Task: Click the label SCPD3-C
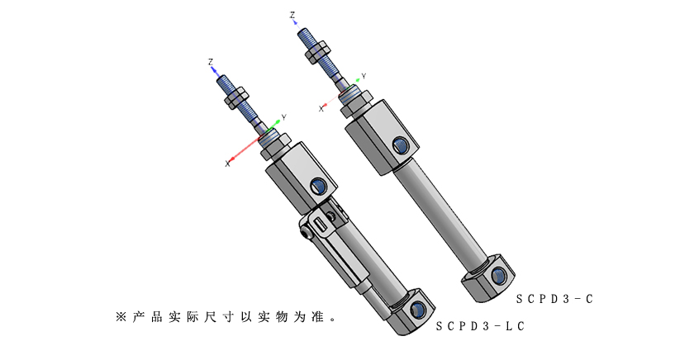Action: point(554,299)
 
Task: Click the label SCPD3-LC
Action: point(480,326)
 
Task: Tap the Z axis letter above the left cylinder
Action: point(212,62)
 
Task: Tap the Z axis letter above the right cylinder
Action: point(292,15)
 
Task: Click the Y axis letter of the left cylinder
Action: point(283,117)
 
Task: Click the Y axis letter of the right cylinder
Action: point(364,76)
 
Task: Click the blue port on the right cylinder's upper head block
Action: point(400,146)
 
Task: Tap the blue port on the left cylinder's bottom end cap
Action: point(418,310)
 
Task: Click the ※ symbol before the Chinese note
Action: point(121,316)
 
